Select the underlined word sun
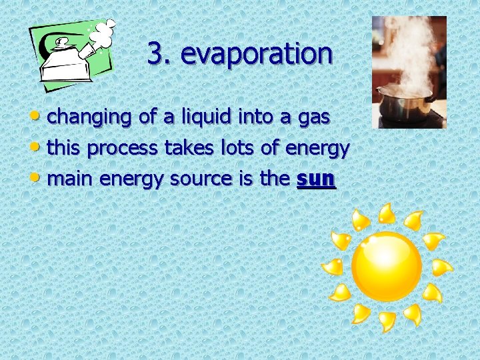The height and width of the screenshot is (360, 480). tap(316, 179)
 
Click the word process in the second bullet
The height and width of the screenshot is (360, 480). tap(122, 149)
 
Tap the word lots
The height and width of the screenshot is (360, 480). tap(237, 147)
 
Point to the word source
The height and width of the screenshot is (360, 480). tap(199, 179)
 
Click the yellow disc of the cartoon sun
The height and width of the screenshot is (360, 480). tap(387, 267)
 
